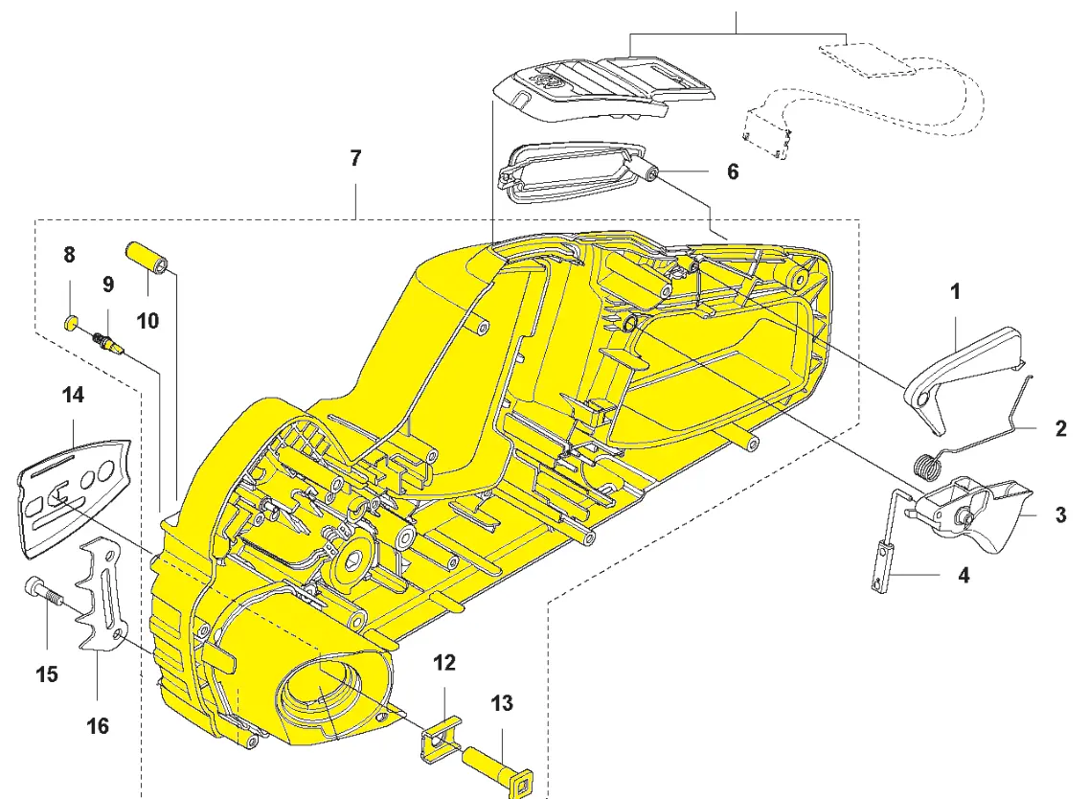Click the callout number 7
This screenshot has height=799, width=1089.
pos(355,159)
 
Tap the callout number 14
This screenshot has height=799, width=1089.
pos(73,394)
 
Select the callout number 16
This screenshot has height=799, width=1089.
pos(98,726)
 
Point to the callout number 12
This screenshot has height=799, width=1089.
pos(443,663)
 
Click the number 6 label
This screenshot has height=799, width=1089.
pos(733,171)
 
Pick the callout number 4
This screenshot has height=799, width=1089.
pos(964,576)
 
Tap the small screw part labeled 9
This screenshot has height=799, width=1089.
pos(106,341)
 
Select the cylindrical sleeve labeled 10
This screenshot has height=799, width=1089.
pos(149,258)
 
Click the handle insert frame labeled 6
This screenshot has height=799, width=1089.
pos(571,177)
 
